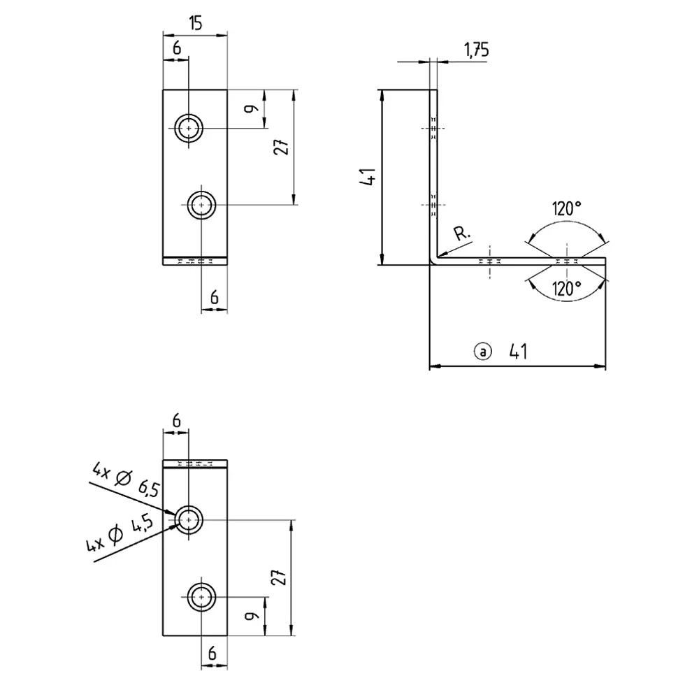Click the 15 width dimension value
click(x=195, y=23)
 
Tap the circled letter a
click(x=482, y=351)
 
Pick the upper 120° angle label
click(x=566, y=208)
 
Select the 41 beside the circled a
click(x=517, y=351)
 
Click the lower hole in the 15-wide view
click(x=202, y=205)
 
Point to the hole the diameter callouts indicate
click(x=189, y=520)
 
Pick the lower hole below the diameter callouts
click(x=202, y=596)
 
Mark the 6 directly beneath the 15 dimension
click(x=176, y=48)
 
